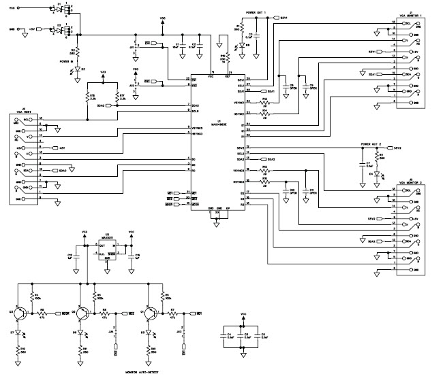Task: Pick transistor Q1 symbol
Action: (x=149, y=313)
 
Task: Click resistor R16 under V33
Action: (x=88, y=97)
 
